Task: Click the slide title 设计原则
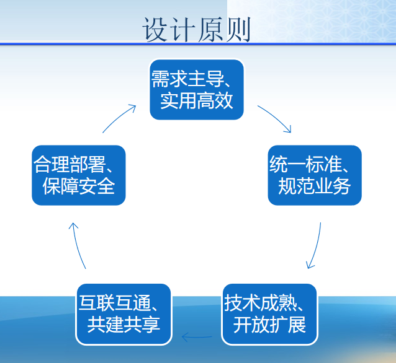click(197, 30)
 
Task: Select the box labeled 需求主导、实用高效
click(197, 89)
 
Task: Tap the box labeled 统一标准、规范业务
click(315, 175)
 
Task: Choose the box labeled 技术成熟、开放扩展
click(269, 314)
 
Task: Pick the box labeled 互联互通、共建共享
click(124, 314)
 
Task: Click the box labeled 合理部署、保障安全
click(79, 175)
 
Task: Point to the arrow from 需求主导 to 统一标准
click(276, 117)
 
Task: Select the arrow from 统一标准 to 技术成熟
click(316, 246)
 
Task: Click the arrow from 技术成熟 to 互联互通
click(197, 337)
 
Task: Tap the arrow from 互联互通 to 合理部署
click(77, 246)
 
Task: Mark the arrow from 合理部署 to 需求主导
click(118, 118)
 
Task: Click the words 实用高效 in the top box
click(197, 100)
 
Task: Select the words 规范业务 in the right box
click(315, 186)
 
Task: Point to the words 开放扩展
click(269, 325)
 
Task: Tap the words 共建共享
click(124, 325)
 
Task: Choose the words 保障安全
click(79, 186)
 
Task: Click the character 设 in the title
click(155, 30)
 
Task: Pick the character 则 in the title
click(238, 30)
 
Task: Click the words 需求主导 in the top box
click(187, 79)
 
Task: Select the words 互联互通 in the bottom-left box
click(115, 303)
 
